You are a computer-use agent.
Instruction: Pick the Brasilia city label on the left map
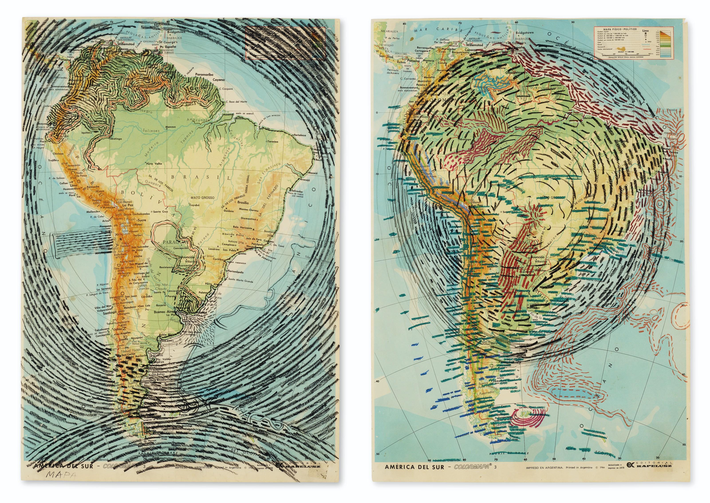243,203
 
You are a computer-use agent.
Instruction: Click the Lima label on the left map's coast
73,185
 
